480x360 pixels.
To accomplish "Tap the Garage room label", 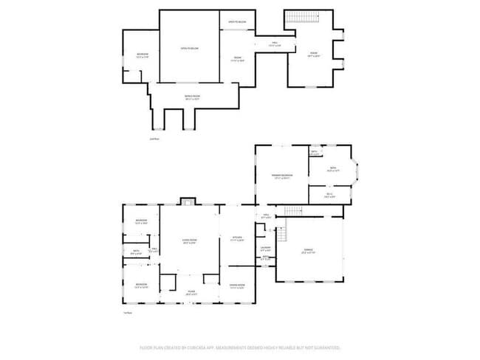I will click(309, 252).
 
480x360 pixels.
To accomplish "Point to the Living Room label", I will click(190, 241).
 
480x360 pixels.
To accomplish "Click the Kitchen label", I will click(236, 238).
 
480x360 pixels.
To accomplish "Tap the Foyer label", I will click(191, 293).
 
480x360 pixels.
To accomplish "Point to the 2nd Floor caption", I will click(154, 138).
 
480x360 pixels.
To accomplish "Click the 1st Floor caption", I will click(127, 313).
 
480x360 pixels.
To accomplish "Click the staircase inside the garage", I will click(290, 235).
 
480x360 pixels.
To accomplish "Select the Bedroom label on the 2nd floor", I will click(141, 55).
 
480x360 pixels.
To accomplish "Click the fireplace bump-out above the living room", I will click(189, 201).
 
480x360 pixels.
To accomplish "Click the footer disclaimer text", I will click(240, 347).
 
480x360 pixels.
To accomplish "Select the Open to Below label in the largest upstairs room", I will click(190, 49).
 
